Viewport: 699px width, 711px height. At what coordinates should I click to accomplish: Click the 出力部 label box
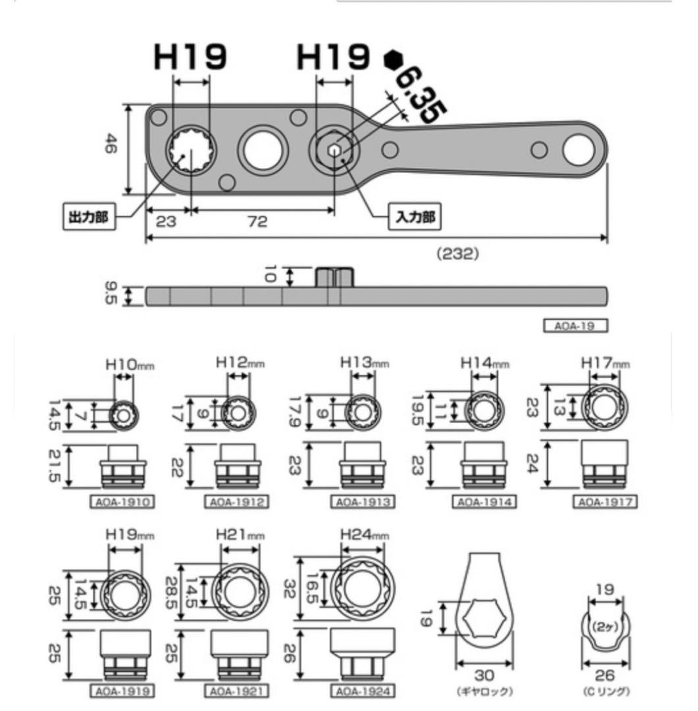click(x=89, y=217)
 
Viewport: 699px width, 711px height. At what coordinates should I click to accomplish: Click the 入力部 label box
click(x=415, y=217)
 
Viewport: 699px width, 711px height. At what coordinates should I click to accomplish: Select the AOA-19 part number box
click(x=575, y=326)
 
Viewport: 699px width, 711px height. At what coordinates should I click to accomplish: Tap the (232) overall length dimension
click(x=457, y=253)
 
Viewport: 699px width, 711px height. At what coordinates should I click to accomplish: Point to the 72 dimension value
click(x=258, y=222)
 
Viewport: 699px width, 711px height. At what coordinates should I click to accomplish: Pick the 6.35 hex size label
click(x=420, y=96)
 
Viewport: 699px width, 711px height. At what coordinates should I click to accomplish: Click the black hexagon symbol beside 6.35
click(x=393, y=60)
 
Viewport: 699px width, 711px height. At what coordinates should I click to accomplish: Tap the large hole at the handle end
click(x=579, y=150)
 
